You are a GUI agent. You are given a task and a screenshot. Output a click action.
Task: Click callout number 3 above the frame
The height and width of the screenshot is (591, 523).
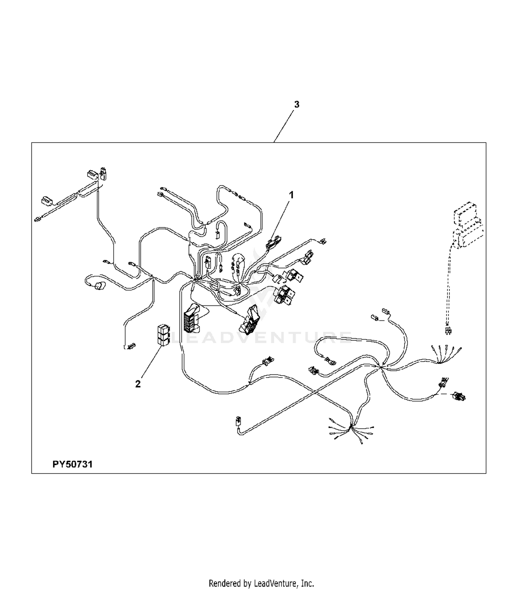297,104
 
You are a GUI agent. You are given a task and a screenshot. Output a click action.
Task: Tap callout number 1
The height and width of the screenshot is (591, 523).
291,195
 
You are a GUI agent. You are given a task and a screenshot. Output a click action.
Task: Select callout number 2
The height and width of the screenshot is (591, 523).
138,384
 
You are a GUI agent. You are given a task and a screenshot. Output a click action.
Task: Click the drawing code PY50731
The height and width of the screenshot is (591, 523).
73,464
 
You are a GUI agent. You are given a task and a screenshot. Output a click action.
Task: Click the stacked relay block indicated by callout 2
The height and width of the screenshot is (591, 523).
164,335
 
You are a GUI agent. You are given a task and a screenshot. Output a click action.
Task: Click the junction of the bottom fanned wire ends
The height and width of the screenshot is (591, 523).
351,427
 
